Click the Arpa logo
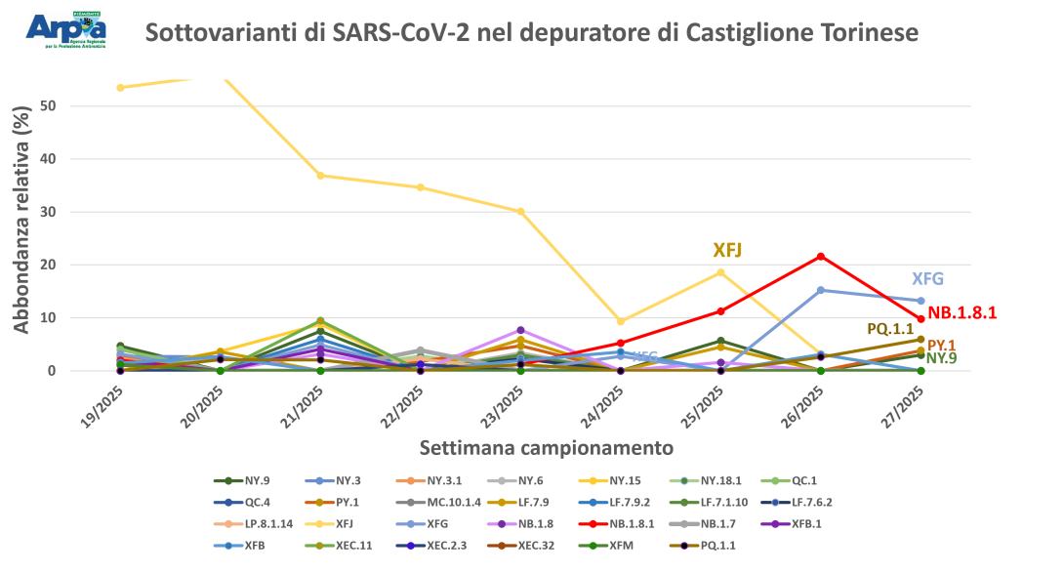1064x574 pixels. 66,29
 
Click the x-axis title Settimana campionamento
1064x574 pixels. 546,449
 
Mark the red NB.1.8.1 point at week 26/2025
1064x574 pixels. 820,256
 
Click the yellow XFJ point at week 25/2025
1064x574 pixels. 720,272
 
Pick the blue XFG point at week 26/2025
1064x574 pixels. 820,290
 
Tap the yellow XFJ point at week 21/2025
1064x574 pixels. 320,176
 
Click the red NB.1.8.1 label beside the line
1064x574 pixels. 962,313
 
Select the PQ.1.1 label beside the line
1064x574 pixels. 890,330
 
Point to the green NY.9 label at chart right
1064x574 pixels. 941,358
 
